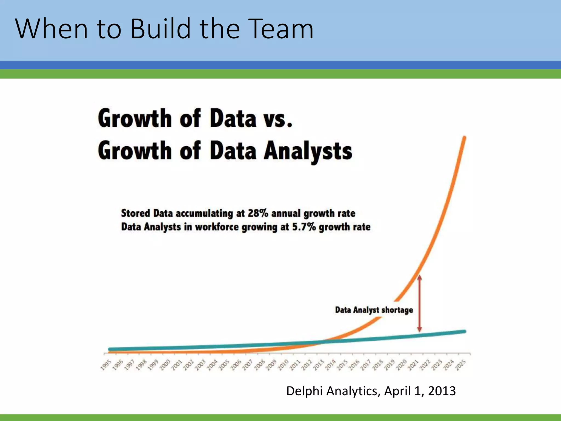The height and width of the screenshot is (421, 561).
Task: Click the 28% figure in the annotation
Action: click(258, 213)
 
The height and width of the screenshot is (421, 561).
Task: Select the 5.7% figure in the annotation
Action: click(304, 227)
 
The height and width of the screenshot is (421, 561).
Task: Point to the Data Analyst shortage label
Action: click(374, 310)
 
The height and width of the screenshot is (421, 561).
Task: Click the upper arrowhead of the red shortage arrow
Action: click(419, 277)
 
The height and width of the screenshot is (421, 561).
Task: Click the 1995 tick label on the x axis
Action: click(106, 365)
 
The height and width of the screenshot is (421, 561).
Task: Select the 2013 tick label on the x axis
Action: click(319, 365)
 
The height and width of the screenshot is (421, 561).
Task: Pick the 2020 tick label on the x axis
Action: click(402, 365)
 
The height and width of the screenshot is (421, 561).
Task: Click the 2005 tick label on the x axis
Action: click(224, 365)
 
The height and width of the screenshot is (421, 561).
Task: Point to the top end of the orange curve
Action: click(464, 138)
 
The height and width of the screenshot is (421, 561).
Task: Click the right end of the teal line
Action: click(464, 332)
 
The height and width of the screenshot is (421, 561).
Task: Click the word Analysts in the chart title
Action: click(308, 151)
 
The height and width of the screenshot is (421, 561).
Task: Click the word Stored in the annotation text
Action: click(135, 213)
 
